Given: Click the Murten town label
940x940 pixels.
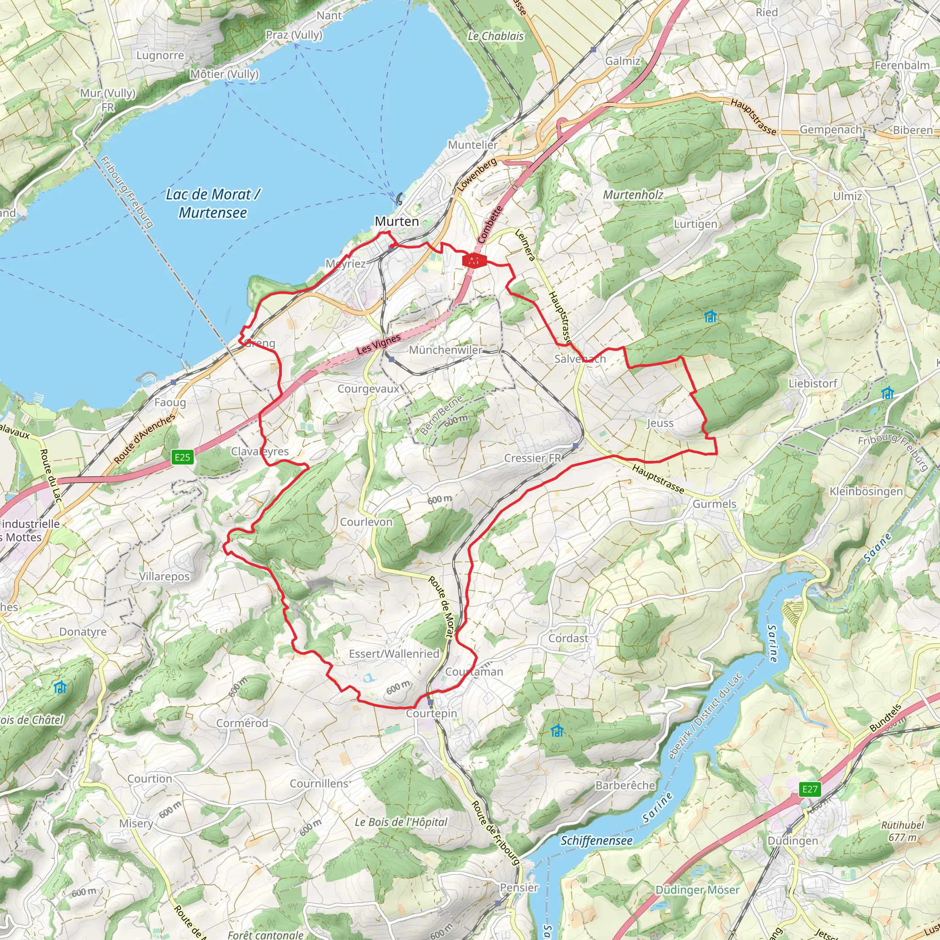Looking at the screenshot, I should point(397,221).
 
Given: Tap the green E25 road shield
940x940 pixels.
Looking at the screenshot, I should point(183,457).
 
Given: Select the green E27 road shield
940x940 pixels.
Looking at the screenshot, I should point(810,789).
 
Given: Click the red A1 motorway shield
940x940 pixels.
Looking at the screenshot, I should point(474,261).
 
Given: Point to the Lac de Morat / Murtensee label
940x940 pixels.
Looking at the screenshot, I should point(213,203).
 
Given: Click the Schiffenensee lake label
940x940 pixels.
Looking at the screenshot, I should point(597,840).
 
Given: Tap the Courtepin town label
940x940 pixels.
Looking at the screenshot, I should point(431,713).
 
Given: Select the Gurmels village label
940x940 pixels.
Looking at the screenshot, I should point(714,504).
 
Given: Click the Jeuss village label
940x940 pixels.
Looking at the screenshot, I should point(660,423).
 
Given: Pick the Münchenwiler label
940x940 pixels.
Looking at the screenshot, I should point(446,350).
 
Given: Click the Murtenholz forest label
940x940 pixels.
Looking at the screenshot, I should point(633,195).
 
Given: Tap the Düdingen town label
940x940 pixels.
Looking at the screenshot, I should point(793,841).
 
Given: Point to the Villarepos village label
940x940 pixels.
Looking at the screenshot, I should point(164,576).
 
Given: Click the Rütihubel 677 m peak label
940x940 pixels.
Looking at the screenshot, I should point(902,831).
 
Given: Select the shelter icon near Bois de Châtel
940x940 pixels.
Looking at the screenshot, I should point(60,687).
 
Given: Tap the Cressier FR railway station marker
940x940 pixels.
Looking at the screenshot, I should point(576,445).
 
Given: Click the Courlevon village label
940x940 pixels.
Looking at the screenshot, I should point(366,522).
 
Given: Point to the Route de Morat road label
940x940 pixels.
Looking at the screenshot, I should point(441,607).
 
